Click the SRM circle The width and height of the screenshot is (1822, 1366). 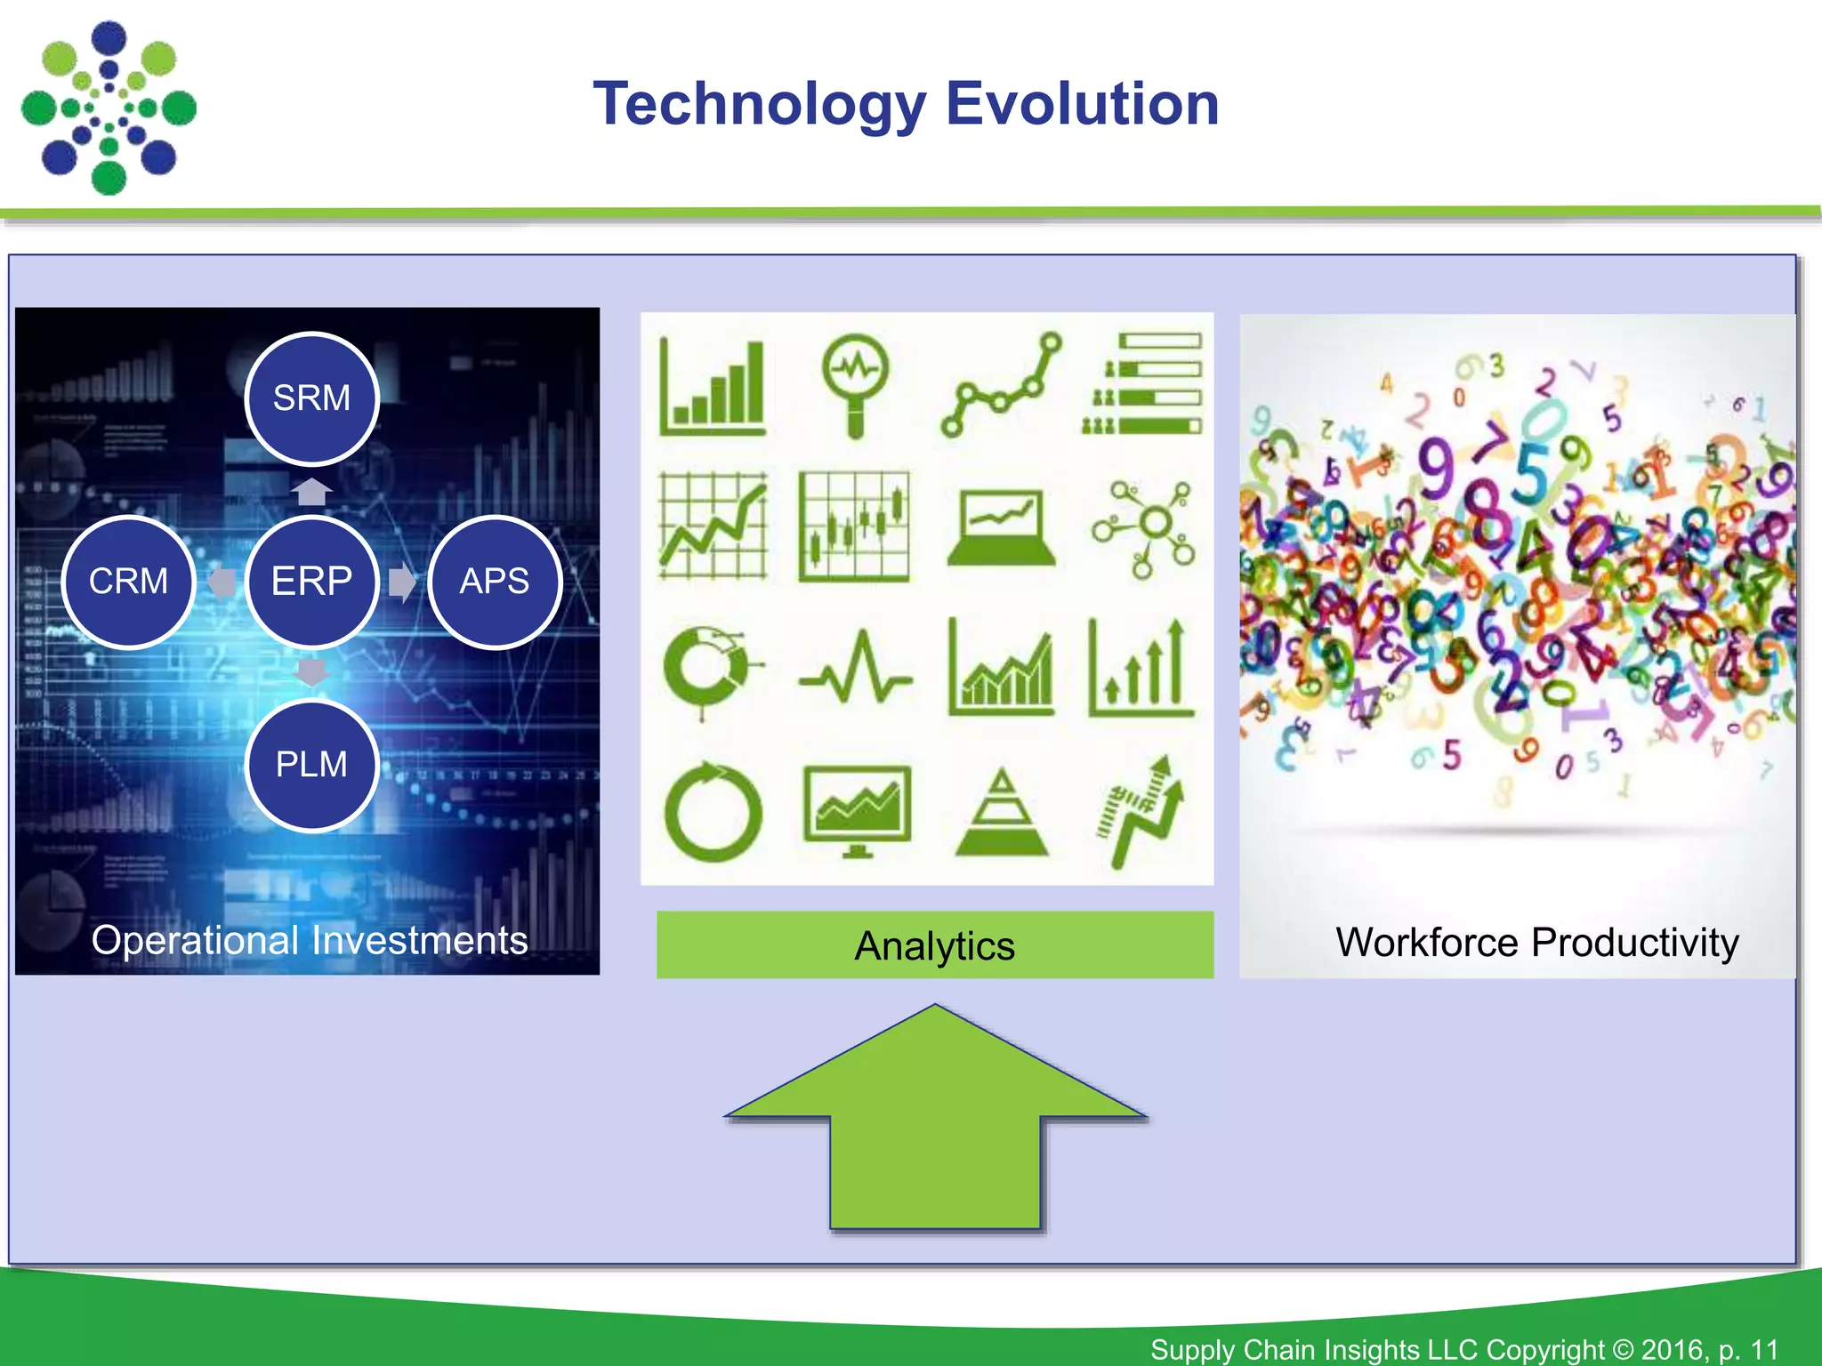pyautogui.click(x=311, y=398)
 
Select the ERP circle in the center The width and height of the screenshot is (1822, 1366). pyautogui.click(x=311, y=582)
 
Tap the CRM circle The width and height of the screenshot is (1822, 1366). pyautogui.click(x=129, y=582)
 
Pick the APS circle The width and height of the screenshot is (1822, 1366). pyautogui.click(x=495, y=582)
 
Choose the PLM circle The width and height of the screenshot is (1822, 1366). pyautogui.click(x=311, y=765)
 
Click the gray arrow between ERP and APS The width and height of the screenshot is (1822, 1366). pyautogui.click(x=402, y=583)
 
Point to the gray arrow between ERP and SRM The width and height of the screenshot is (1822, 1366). pyautogui.click(x=311, y=491)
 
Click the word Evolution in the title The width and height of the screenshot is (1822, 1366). pyautogui.click(x=1082, y=104)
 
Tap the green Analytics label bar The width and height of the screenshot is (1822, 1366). pyautogui.click(x=934, y=945)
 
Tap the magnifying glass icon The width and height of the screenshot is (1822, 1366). pyautogui.click(x=855, y=382)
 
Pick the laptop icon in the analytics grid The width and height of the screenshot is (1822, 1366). pyautogui.click(x=1001, y=527)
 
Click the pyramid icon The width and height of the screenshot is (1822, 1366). pyautogui.click(x=1002, y=814)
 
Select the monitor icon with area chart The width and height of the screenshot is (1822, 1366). pyautogui.click(x=857, y=809)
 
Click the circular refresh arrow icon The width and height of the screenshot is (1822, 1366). pyautogui.click(x=713, y=812)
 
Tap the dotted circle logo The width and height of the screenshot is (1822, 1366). pyautogui.click(x=109, y=108)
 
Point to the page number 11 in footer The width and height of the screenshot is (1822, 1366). pyautogui.click(x=1764, y=1349)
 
